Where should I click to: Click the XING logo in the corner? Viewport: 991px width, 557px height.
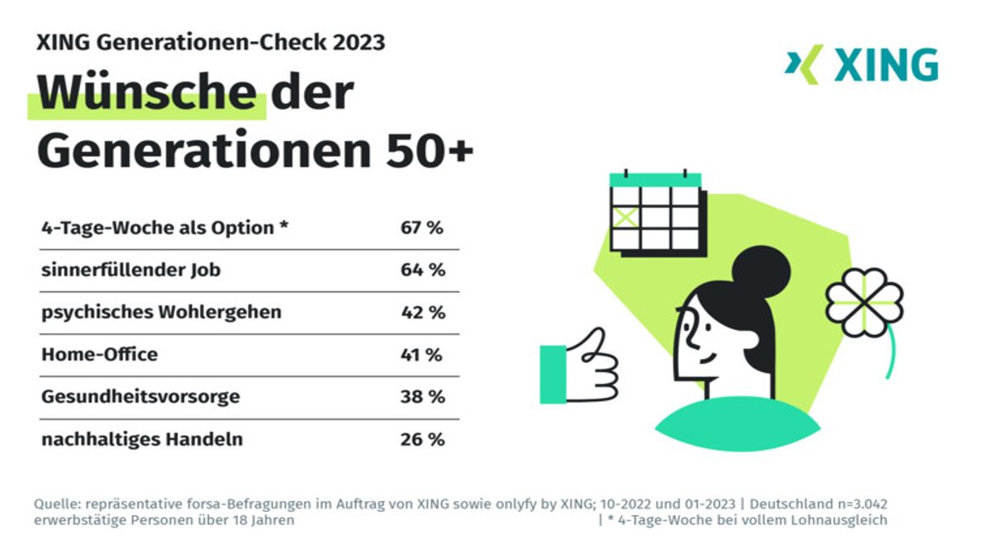[x=861, y=65]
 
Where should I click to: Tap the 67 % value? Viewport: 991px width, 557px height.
[x=423, y=228]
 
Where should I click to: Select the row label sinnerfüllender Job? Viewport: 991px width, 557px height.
[x=131, y=270]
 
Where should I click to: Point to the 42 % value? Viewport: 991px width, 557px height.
[x=423, y=313]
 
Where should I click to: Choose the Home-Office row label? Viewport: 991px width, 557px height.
[x=99, y=355]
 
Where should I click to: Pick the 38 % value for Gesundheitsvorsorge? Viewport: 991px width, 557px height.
[x=423, y=397]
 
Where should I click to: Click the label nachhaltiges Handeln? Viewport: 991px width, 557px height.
[x=142, y=439]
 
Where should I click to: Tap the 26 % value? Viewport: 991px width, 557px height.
[x=423, y=439]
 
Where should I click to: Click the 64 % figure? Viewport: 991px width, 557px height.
[x=423, y=270]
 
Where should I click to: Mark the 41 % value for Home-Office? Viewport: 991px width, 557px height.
[x=423, y=355]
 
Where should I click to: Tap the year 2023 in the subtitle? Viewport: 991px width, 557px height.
[x=356, y=42]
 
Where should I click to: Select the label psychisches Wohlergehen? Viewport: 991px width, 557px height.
[x=161, y=313]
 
